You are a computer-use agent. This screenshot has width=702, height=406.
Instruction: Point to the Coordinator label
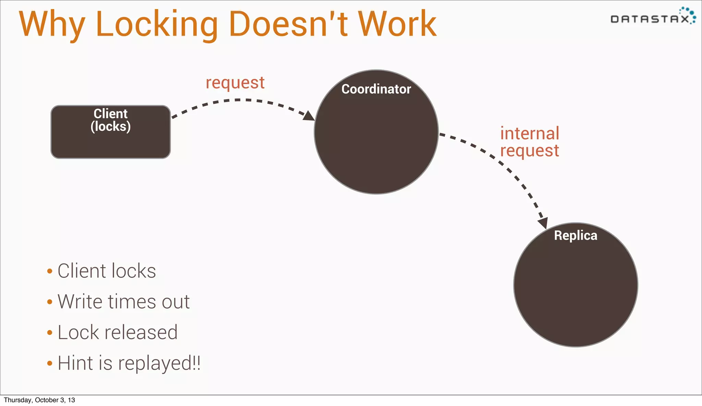(x=376, y=89)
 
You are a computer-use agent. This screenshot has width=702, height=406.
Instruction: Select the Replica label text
(x=576, y=236)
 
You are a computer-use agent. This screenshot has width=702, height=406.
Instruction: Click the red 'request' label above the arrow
(x=235, y=83)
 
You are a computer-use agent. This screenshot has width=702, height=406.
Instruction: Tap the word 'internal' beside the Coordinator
(x=530, y=133)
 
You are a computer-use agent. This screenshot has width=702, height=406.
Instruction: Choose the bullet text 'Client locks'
(x=107, y=271)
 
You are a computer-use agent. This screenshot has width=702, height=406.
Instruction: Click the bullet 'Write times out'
(x=123, y=302)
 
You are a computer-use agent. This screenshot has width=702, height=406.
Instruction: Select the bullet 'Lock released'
(x=118, y=332)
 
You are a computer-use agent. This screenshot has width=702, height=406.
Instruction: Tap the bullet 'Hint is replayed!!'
(x=129, y=363)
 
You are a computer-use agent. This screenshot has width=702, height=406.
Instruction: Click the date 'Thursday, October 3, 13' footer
(x=39, y=400)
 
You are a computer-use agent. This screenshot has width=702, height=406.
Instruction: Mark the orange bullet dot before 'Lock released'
(x=50, y=333)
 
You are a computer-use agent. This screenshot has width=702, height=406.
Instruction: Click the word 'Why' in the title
(x=51, y=25)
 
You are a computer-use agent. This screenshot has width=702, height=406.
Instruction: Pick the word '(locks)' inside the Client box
(x=110, y=127)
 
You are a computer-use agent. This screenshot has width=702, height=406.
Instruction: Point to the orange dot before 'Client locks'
(x=50, y=271)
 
